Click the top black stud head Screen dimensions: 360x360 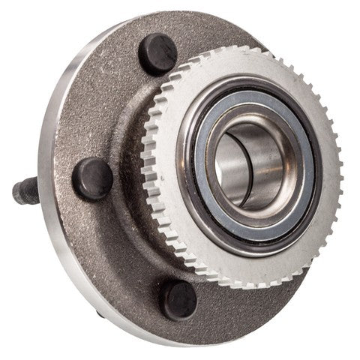[157, 54]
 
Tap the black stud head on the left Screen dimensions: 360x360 [92, 178]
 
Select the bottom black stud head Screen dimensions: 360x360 [181, 299]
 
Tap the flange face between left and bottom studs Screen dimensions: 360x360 [112, 247]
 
